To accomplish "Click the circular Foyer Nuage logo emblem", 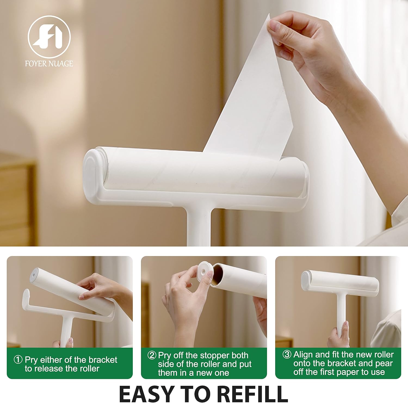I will coord(49,37).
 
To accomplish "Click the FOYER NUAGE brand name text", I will coord(49,64).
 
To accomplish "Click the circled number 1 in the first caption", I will coord(18,360).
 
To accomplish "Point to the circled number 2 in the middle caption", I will coord(152,355).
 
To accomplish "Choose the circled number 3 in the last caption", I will coord(287,355).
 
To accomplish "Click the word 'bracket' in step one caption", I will coord(103,360).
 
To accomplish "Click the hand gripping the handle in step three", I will coord(339,336).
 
